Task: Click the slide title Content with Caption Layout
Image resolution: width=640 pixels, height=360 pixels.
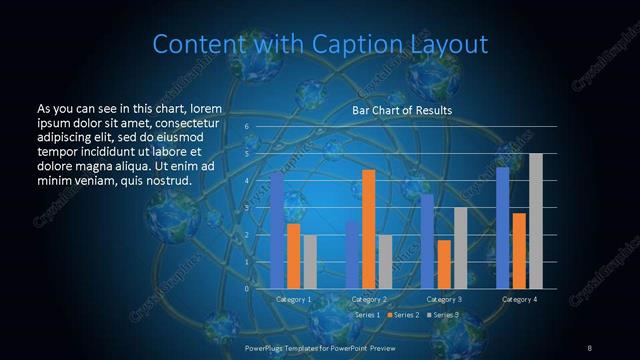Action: click(320, 44)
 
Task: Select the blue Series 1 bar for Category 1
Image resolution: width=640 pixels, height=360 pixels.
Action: click(277, 230)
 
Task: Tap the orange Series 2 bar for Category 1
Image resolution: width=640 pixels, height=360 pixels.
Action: click(293, 256)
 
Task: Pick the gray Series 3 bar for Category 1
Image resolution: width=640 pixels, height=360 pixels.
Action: click(310, 262)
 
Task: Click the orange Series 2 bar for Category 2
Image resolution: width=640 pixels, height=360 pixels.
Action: click(368, 229)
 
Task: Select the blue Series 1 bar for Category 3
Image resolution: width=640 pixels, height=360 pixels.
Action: click(427, 241)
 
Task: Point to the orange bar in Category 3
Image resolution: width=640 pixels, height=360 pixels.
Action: click(443, 264)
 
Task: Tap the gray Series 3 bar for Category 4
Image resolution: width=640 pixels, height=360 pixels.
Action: click(535, 221)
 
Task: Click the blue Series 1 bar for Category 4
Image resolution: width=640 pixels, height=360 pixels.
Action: click(502, 228)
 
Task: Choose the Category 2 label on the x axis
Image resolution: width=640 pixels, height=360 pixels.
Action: click(368, 299)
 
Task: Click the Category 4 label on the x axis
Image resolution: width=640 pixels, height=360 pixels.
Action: click(518, 299)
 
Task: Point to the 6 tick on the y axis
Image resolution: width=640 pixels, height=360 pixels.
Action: click(247, 127)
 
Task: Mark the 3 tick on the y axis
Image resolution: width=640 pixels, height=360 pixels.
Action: click(247, 208)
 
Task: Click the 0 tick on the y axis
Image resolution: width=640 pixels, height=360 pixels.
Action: click(247, 289)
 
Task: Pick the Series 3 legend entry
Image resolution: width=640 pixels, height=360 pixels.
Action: click(442, 315)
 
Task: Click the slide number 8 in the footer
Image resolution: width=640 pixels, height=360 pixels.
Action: click(589, 347)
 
